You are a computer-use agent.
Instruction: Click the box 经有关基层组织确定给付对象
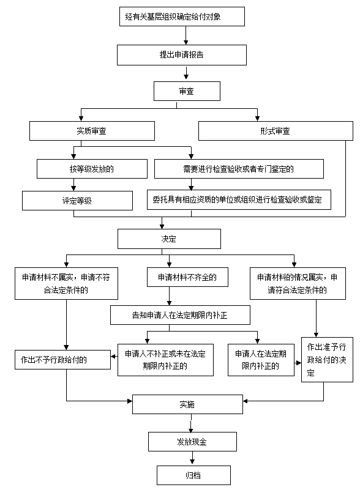click(182, 17)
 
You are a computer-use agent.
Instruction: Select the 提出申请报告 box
click(182, 55)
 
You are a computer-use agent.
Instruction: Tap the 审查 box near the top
click(187, 91)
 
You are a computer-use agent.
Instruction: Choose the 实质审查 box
click(92, 131)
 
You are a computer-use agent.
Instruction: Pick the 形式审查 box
click(276, 131)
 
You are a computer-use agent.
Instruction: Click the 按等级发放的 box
click(92, 169)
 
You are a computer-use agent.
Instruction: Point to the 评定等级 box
click(77, 201)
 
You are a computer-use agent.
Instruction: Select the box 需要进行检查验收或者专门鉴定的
click(239, 169)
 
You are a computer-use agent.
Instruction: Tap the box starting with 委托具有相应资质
click(239, 199)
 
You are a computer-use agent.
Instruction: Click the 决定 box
click(169, 239)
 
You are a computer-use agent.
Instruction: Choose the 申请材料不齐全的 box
click(187, 277)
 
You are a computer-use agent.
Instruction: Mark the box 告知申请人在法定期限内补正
click(180, 315)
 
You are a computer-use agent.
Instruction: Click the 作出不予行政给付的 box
click(62, 360)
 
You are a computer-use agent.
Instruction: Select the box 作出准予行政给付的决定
click(327, 360)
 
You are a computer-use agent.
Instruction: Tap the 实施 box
click(187, 404)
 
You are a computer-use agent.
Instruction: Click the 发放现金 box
click(192, 442)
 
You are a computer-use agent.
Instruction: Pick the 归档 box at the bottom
click(193, 475)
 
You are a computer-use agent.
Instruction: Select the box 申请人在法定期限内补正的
click(261, 360)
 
